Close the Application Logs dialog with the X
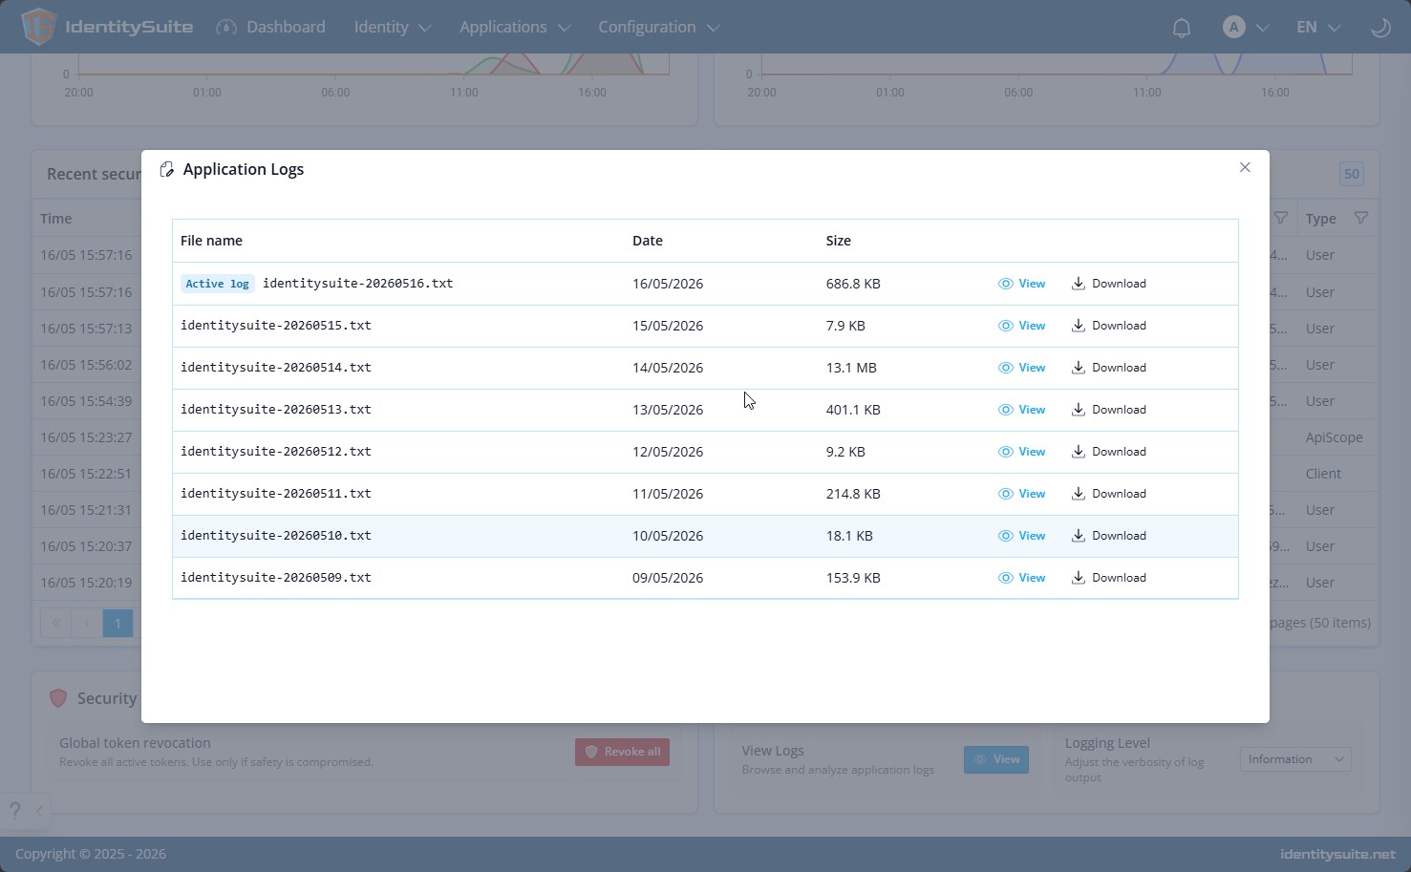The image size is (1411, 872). point(1244,167)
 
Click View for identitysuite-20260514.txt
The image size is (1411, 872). point(1021,368)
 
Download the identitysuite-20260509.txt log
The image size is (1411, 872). point(1108,578)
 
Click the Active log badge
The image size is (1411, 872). point(217,284)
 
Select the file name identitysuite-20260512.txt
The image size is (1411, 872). point(276,452)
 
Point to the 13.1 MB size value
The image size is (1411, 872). point(851,368)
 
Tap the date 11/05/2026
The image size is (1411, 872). point(668,494)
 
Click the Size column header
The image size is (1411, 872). point(839,241)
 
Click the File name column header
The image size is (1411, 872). point(211,241)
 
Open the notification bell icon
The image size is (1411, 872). point(1181,28)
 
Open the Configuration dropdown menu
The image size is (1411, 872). point(658,27)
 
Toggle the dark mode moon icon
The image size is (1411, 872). point(1380,28)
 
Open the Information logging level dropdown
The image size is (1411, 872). point(1295,759)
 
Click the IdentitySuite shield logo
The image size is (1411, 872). point(39,27)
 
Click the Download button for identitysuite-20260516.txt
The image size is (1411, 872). point(1108,284)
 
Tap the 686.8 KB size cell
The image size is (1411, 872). point(853,284)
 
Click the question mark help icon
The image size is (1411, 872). point(15,810)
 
